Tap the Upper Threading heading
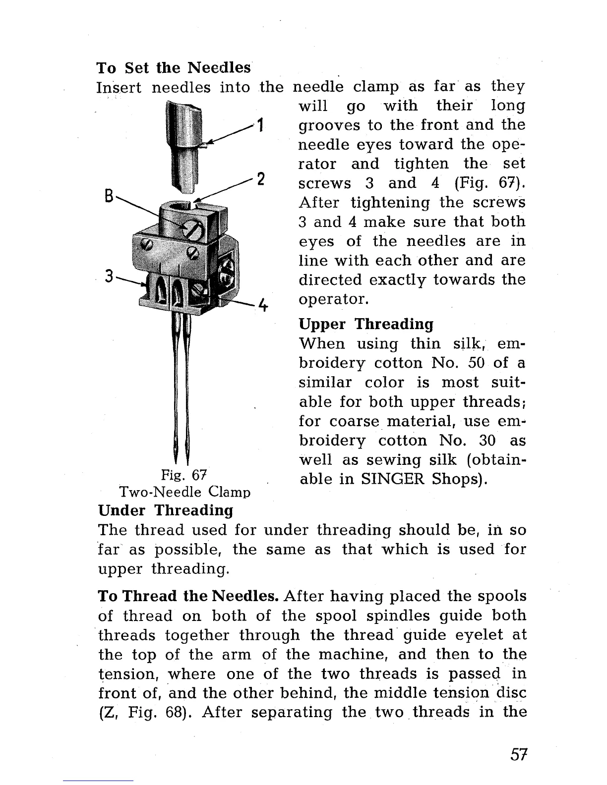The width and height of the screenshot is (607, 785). click(366, 324)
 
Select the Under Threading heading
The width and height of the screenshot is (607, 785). click(166, 510)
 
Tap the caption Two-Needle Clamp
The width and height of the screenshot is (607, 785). click(184, 492)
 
